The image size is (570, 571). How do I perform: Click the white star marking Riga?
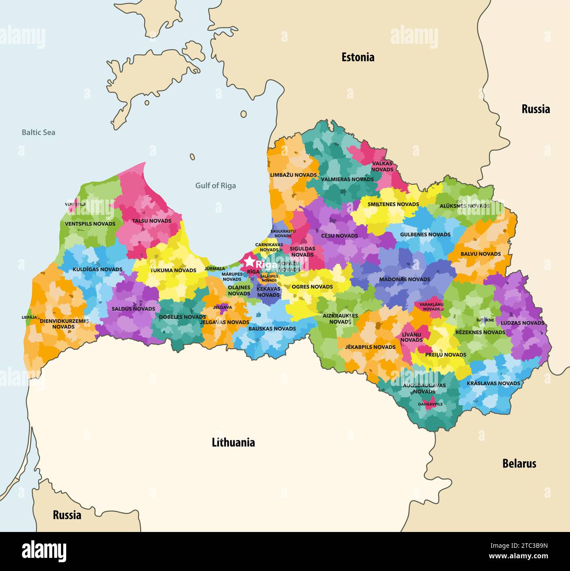(x=249, y=262)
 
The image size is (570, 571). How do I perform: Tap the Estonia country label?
(x=358, y=57)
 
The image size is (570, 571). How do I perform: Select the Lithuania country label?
(x=233, y=442)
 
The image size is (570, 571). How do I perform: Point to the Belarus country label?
(x=519, y=464)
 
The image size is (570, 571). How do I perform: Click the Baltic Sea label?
(x=39, y=132)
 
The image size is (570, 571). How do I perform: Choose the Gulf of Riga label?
(x=215, y=186)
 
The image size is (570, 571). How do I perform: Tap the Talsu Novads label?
(x=152, y=221)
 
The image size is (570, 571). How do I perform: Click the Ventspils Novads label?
(x=90, y=224)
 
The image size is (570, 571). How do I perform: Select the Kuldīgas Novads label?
(x=97, y=269)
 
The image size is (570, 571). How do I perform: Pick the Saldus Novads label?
(x=133, y=309)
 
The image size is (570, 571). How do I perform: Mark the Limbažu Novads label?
(x=293, y=175)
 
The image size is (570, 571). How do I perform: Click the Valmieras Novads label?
(x=347, y=179)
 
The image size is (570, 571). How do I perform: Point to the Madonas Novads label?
(x=405, y=279)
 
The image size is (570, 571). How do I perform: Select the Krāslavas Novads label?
(x=493, y=383)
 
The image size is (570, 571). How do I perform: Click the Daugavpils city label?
(x=430, y=404)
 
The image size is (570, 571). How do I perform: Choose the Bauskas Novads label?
(x=272, y=328)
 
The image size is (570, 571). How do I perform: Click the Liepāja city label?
(x=29, y=317)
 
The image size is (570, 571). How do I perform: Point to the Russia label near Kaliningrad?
(x=67, y=515)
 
